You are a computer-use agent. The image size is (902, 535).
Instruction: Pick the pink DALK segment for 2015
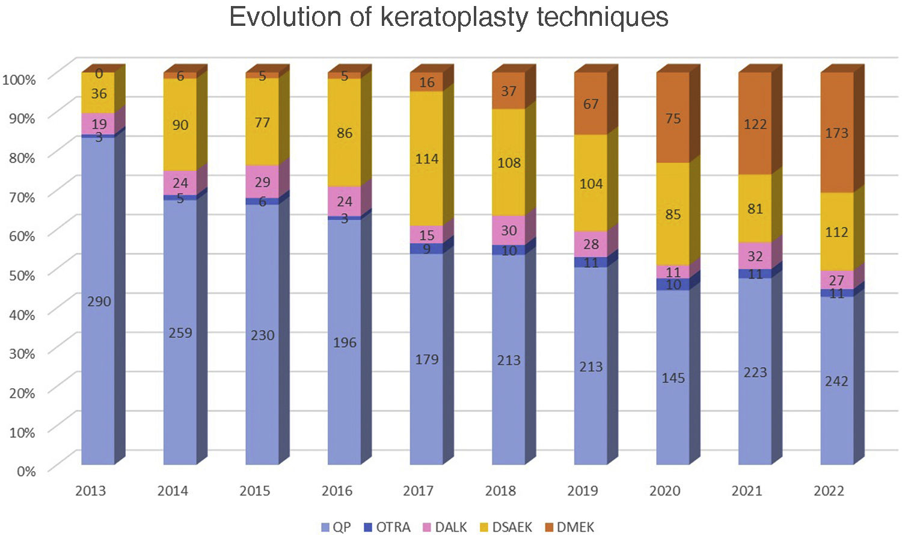pos(262,181)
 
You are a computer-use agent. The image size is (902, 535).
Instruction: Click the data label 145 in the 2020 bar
pos(673,378)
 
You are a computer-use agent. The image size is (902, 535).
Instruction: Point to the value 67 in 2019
pos(591,104)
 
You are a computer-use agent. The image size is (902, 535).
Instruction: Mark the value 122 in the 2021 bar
pos(755,125)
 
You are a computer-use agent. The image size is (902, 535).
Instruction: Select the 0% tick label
pos(26,471)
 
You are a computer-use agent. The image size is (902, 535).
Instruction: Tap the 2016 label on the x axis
pos(337,491)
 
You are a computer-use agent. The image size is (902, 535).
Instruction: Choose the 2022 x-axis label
pos(829,491)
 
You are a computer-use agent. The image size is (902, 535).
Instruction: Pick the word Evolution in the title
pos(285,17)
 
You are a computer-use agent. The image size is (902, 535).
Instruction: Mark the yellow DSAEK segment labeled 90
pos(180,125)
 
